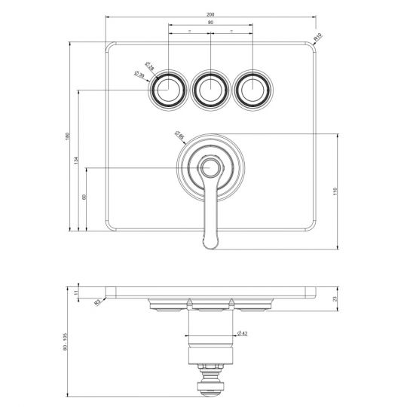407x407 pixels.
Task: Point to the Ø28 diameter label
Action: [149, 67]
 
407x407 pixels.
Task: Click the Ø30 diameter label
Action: [139, 75]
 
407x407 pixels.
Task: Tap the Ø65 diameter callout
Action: [179, 136]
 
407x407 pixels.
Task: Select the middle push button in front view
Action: [211, 90]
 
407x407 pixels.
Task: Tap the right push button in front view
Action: [253, 90]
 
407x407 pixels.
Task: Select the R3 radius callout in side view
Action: [98, 303]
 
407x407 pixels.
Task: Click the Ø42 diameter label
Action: [243, 332]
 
